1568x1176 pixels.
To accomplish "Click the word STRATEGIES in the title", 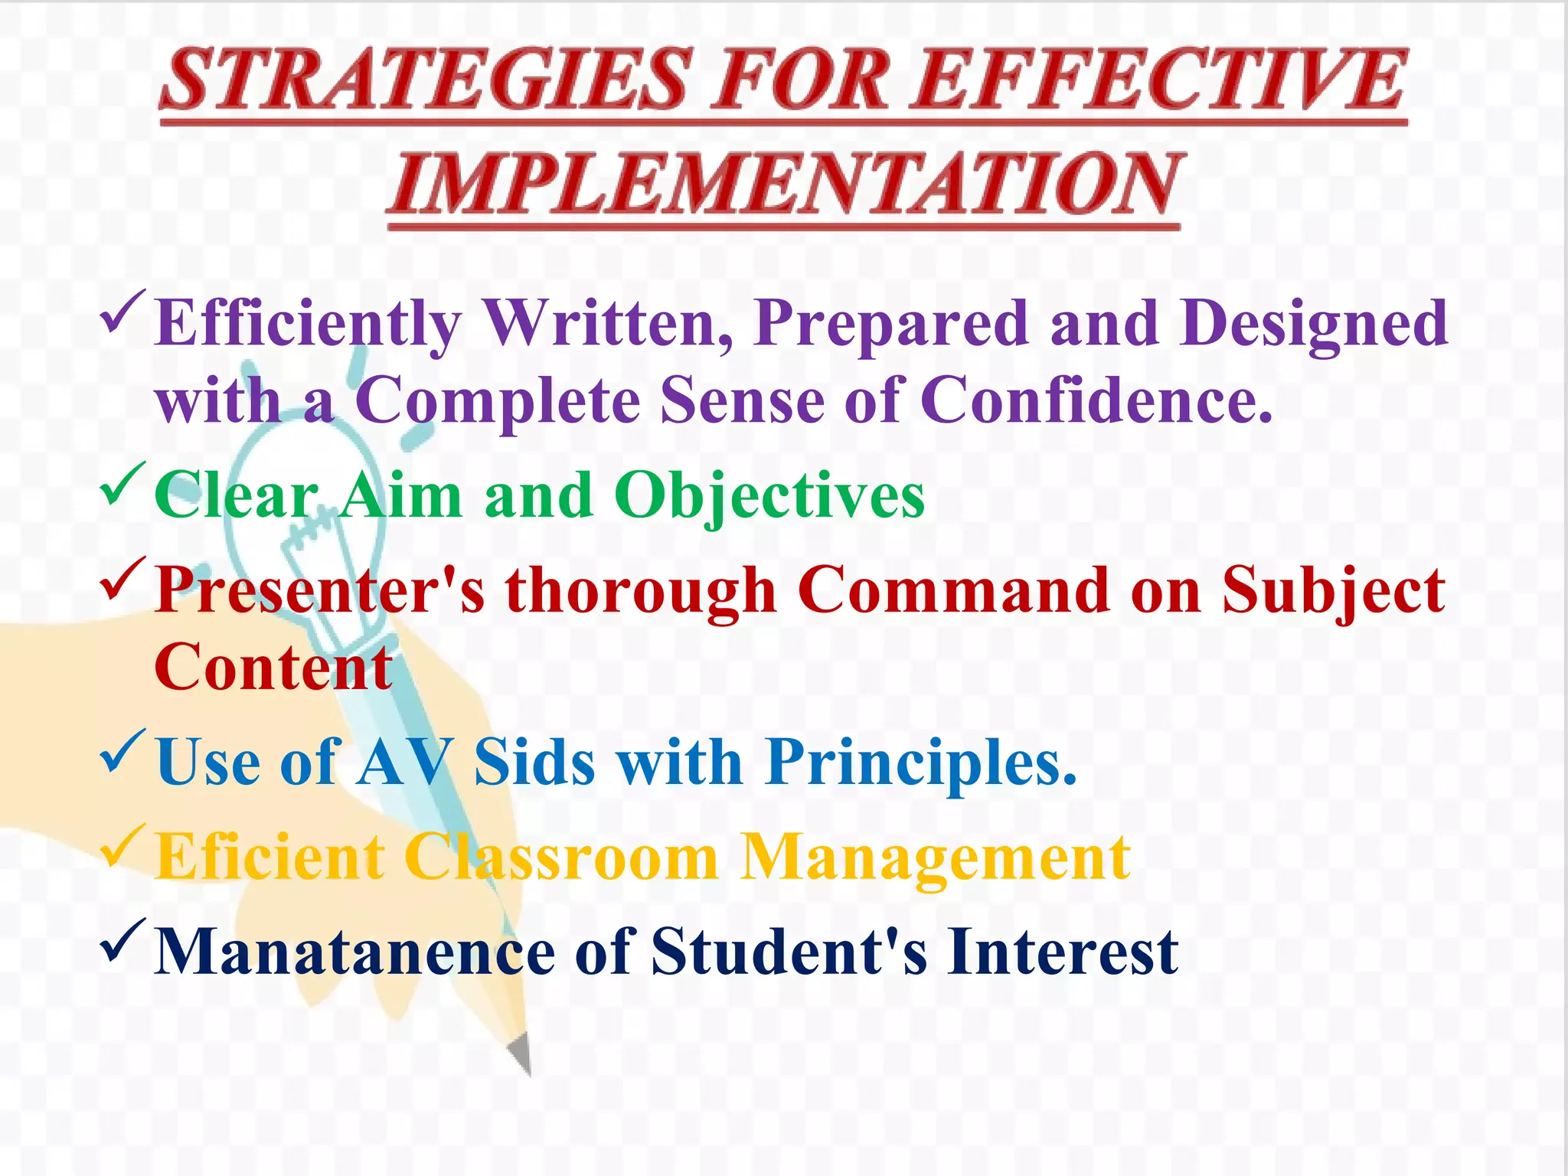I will (425, 80).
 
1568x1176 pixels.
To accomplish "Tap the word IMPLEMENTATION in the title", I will (785, 184).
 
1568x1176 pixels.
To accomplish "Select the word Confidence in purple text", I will (1095, 400).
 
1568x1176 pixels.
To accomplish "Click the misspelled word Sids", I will (534, 763).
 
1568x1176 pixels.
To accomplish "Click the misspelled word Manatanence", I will (354, 952).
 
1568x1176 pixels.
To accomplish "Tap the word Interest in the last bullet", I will (1062, 952).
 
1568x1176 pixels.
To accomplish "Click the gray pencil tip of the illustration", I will (521, 1053).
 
